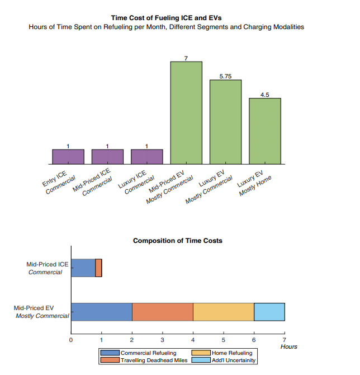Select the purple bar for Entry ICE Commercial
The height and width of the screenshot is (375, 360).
[x=68, y=157]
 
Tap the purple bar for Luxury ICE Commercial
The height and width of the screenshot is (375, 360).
[x=146, y=157]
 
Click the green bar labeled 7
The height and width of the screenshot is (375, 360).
[x=186, y=112]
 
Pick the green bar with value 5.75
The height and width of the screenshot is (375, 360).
[x=225, y=121]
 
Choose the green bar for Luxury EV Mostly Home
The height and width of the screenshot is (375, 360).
[x=265, y=131]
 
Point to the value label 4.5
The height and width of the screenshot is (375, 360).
[x=265, y=95]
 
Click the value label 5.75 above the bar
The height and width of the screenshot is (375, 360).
[x=225, y=76]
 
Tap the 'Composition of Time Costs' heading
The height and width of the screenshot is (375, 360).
[x=177, y=241]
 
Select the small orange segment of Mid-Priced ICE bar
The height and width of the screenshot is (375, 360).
[x=98, y=268]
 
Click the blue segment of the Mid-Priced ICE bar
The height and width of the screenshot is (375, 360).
[x=83, y=268]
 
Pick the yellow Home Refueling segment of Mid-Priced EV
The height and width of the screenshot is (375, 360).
[x=224, y=312]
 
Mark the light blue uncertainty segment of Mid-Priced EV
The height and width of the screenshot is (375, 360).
[x=269, y=312]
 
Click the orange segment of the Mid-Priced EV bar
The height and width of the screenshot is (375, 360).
[x=163, y=312]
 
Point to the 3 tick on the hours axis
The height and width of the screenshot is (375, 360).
[x=162, y=339]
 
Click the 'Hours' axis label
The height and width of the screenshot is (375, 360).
[x=288, y=347]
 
